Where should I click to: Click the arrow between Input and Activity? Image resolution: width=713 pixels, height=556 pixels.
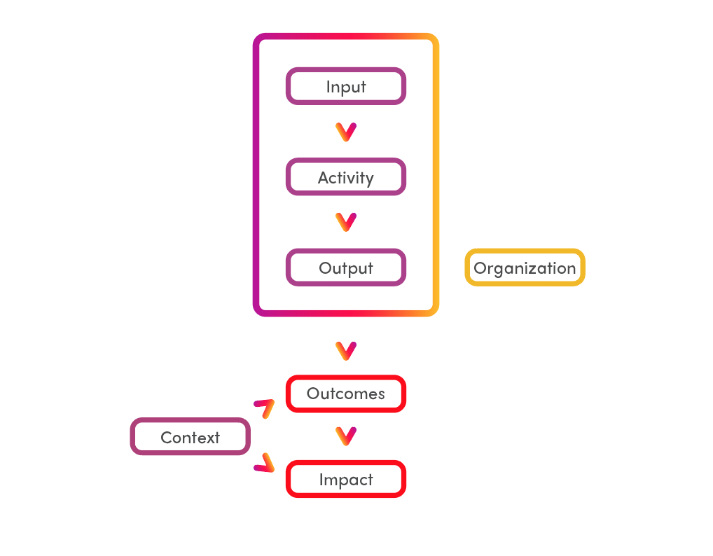(x=346, y=132)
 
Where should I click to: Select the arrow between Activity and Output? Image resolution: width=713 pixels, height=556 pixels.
(x=346, y=222)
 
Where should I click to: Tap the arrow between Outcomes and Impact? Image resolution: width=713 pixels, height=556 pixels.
(x=346, y=436)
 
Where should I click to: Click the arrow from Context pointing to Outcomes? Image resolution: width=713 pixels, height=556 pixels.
(x=264, y=407)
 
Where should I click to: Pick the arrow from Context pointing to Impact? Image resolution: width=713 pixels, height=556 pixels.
(x=264, y=463)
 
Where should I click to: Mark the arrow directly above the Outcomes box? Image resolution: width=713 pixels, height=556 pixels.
(x=346, y=350)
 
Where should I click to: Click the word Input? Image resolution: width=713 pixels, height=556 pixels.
(x=346, y=87)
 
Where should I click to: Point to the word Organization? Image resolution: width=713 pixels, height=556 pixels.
(x=525, y=268)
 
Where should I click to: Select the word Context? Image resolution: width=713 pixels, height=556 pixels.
(x=190, y=438)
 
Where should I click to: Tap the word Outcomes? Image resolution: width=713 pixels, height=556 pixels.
(x=346, y=394)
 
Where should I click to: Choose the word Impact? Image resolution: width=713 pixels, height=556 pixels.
(x=346, y=480)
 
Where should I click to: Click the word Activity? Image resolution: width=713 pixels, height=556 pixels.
(x=346, y=178)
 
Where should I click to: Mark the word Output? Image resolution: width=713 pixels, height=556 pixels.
(x=346, y=268)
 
